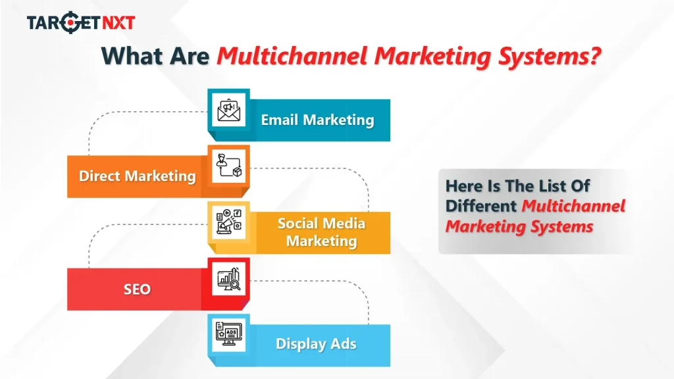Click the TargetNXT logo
coord(81,23)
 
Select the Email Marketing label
coord(317,120)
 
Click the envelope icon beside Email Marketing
coord(228,110)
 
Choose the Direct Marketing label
coord(137,176)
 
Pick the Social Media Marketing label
coord(321,232)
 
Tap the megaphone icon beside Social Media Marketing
coord(228,222)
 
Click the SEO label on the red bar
coord(137,289)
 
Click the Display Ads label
coord(316,343)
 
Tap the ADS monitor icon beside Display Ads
coord(228,335)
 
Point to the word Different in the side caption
coord(481,206)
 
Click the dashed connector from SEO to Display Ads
coord(369,303)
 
